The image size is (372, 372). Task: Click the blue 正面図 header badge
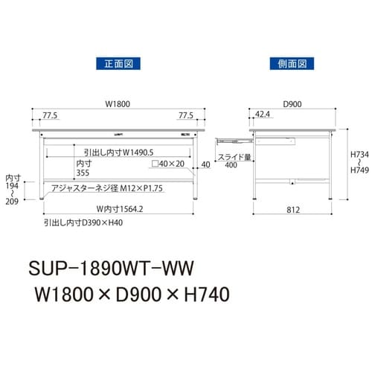coord(113,62)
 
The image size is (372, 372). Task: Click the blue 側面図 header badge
coord(288,62)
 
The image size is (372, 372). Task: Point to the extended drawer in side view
coord(231,138)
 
